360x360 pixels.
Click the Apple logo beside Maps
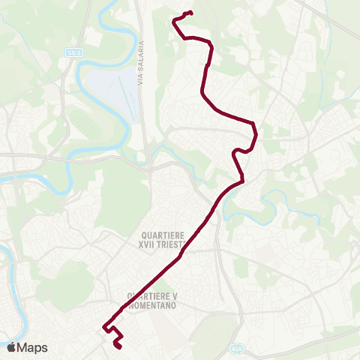[x=11, y=347]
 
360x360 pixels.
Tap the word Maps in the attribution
[x=33, y=347]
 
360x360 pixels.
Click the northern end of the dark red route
[x=191, y=12]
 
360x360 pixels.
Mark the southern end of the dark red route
[x=117, y=346]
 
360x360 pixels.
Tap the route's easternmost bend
[x=256, y=135]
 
